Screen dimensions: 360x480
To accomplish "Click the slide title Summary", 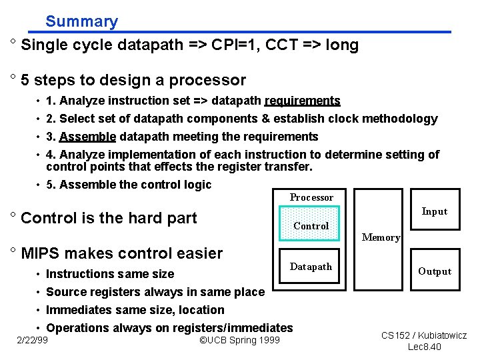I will [x=81, y=21].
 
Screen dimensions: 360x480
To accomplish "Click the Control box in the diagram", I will [x=311, y=226].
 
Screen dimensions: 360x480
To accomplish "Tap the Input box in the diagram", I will [x=434, y=211].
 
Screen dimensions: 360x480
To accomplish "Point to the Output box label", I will [x=435, y=271].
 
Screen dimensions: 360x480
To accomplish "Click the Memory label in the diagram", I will [x=381, y=237].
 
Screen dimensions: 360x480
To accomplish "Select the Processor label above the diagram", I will [x=311, y=197].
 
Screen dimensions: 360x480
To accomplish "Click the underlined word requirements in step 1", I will [x=302, y=101].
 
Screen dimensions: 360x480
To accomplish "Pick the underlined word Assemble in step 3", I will [x=87, y=137].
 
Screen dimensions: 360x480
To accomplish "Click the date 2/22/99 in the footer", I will [x=33, y=341].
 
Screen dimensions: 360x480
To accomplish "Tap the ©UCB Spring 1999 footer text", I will [x=240, y=341].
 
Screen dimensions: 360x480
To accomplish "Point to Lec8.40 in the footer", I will [x=424, y=347].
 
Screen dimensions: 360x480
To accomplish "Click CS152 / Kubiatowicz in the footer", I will [x=424, y=335].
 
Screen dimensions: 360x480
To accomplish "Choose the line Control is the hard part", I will [x=109, y=218].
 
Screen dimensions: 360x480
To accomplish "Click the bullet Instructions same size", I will [x=110, y=274].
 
